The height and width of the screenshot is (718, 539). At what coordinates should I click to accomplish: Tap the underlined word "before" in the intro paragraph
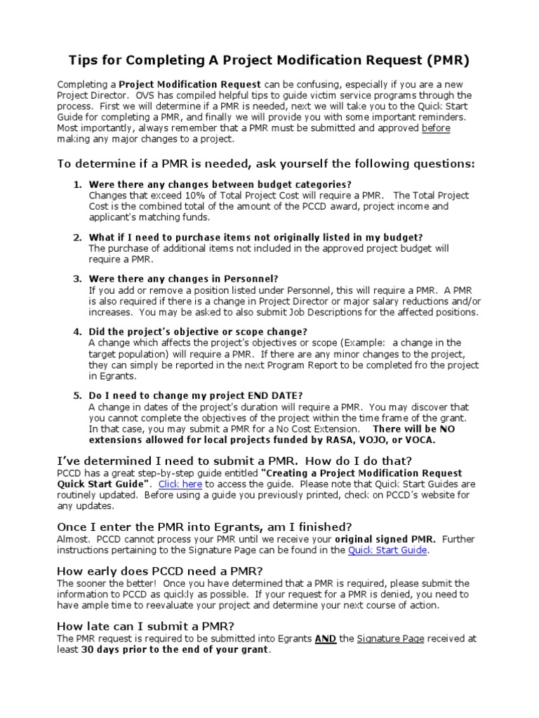click(x=436, y=128)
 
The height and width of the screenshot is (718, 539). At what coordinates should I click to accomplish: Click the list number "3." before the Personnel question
click(x=78, y=278)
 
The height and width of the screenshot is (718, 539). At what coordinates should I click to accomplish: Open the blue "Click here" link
click(x=180, y=484)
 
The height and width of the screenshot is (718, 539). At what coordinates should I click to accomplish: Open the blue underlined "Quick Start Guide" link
click(x=387, y=550)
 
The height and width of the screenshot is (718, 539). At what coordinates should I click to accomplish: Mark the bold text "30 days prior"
click(x=115, y=649)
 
